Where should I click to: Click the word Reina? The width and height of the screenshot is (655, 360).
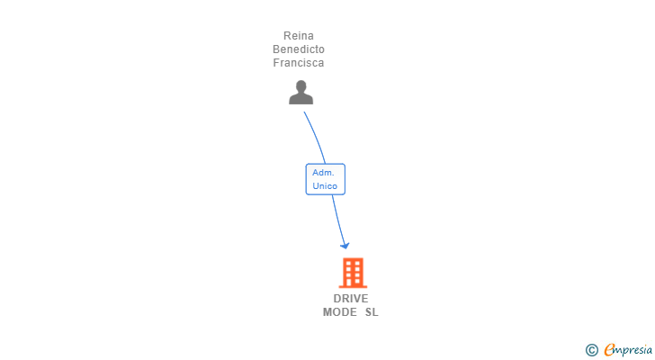click(298, 36)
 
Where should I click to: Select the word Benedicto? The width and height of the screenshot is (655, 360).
click(299, 49)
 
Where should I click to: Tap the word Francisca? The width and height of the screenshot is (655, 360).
click(299, 63)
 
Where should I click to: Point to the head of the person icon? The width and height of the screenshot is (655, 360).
click(301, 86)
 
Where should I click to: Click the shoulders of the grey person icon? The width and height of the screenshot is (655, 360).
click(301, 98)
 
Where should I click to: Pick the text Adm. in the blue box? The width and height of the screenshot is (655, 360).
click(324, 172)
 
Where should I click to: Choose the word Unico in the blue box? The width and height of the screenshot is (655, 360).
click(325, 186)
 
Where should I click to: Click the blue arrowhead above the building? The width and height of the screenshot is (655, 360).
click(344, 245)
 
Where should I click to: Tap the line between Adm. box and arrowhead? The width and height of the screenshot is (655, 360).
click(336, 216)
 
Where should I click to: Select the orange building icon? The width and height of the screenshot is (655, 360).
click(353, 272)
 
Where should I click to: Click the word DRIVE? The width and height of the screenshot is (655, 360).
click(351, 299)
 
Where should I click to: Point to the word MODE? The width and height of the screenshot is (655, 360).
click(340, 312)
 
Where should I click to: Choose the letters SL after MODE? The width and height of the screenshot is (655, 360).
click(372, 312)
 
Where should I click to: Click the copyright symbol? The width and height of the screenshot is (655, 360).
click(591, 349)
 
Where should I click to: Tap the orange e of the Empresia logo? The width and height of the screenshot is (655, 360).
click(609, 349)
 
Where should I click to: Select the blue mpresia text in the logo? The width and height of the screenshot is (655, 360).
click(633, 349)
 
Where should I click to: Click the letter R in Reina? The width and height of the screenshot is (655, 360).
click(286, 36)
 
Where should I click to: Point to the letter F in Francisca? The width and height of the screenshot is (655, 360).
click(276, 63)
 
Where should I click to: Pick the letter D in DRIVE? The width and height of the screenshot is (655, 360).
click(337, 299)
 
